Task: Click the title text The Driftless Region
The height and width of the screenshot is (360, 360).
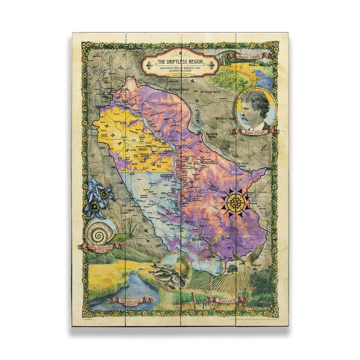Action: point(179,61)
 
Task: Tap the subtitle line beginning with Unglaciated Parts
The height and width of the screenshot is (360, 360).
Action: point(179,68)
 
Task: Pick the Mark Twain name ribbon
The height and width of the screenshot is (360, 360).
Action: point(252,131)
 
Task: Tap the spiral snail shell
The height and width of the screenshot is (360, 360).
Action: point(101,232)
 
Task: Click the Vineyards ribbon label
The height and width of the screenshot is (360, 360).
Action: point(227,300)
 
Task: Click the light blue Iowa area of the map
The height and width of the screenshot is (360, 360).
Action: point(150,200)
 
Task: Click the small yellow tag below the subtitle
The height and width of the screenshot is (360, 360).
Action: point(179,76)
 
